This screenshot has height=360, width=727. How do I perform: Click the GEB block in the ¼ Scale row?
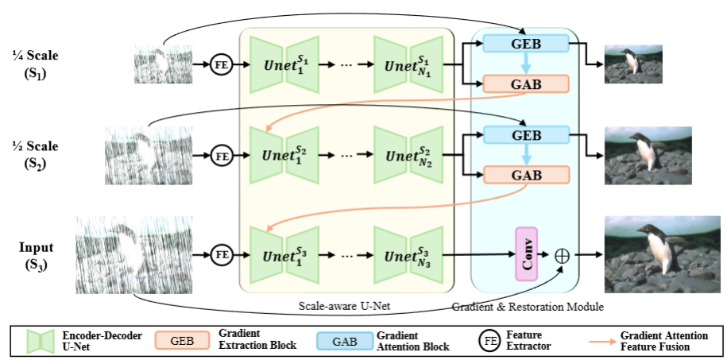click(526, 43)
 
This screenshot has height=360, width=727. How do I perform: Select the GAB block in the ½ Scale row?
click(526, 174)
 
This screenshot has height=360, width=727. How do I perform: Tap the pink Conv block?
click(526, 254)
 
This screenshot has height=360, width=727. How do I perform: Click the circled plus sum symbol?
click(562, 254)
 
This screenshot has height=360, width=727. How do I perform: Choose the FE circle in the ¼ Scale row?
click(222, 64)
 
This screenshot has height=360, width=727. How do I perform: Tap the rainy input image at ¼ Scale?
click(162, 63)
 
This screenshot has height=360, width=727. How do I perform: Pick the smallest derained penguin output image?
click(633, 64)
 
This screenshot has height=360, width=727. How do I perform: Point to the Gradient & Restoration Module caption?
click(526, 306)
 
